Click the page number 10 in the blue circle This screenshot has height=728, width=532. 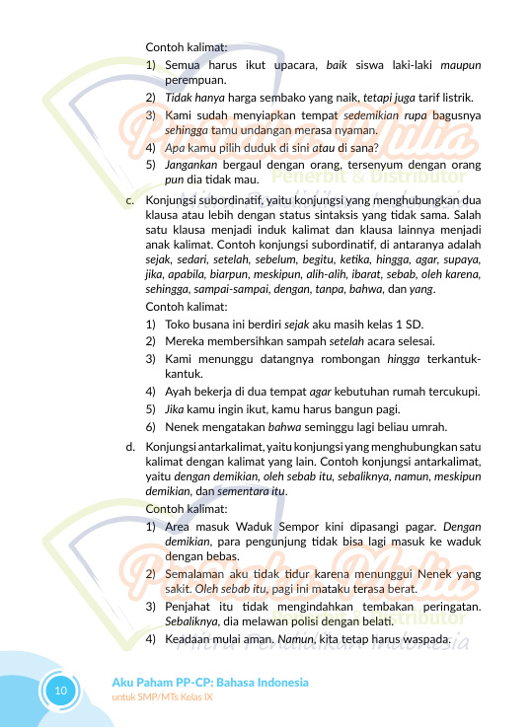point(60,690)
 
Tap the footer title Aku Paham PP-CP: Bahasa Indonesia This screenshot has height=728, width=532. point(210,683)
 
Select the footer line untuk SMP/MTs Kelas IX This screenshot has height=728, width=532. point(163,697)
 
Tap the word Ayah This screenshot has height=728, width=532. point(179,391)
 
